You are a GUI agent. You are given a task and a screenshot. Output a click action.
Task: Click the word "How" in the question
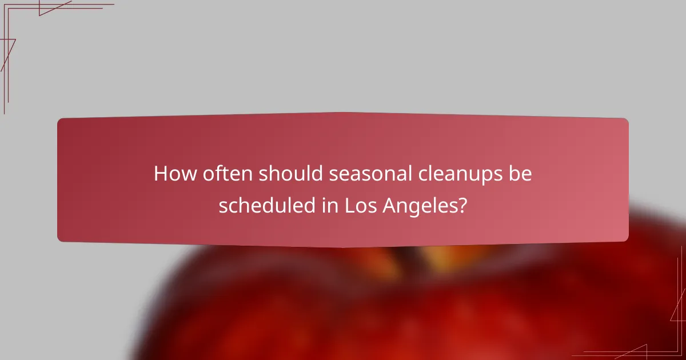[x=171, y=174]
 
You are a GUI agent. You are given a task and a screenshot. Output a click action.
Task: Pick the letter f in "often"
[x=213, y=173]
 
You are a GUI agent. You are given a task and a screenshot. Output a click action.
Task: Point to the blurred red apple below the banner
[x=400, y=309]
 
